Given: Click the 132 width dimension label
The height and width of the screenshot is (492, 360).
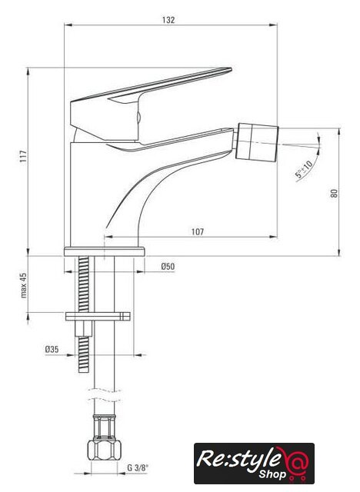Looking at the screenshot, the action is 168,20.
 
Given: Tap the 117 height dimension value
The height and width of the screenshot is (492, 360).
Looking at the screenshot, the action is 24,157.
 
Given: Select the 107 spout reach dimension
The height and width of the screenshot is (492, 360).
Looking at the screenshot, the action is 198,232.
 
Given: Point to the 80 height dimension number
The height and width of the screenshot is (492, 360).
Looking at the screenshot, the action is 335,193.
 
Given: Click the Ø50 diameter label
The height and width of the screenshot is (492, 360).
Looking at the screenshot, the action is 168,267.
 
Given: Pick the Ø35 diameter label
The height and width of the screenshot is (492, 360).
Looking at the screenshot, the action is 52,349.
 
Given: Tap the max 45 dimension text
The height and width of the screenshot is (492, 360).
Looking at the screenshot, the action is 24,285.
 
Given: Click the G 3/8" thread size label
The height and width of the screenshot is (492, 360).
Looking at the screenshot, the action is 138,468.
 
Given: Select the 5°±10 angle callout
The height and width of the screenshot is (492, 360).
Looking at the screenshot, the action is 304,169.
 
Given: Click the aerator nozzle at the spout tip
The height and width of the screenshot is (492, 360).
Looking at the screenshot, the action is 258,141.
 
